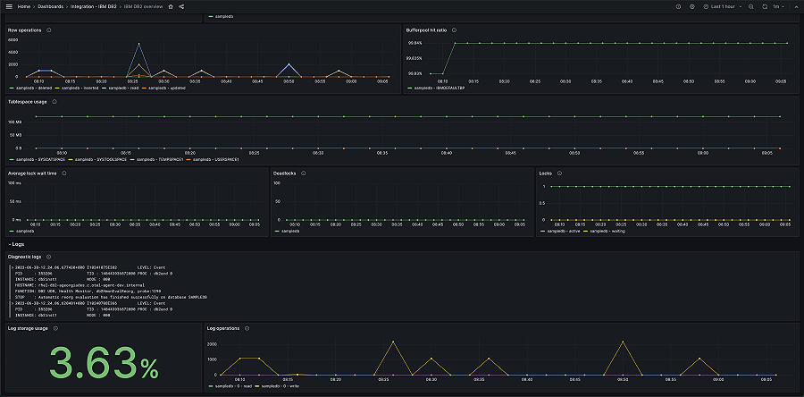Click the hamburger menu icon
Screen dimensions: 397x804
(8, 6)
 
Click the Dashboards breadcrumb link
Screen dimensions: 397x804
(50, 6)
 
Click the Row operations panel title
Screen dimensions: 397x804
(25, 30)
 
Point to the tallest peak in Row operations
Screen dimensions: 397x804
(138, 43)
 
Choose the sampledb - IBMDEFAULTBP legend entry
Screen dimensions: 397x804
(438, 88)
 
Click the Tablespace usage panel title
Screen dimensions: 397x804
(28, 101)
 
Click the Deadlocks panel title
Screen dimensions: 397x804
(290, 173)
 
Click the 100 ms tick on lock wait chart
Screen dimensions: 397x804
(14, 182)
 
